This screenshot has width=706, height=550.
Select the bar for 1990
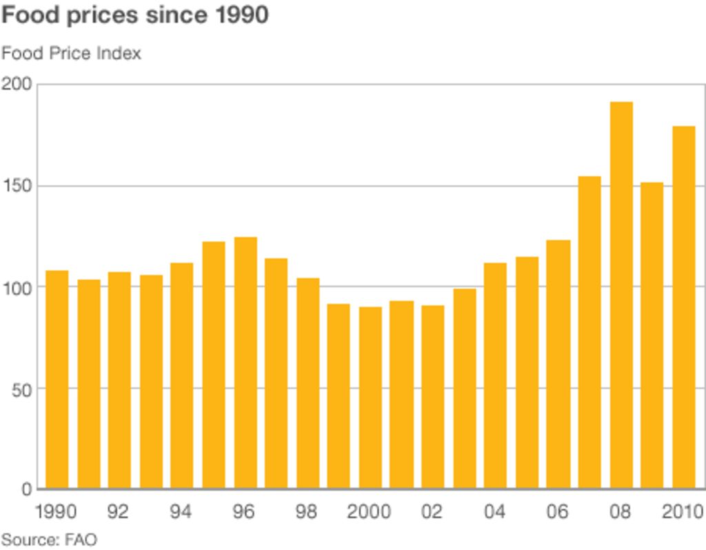point(57,379)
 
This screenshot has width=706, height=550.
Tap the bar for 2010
point(683,307)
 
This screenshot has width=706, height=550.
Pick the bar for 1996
point(245,363)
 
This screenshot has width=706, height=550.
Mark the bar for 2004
point(495,376)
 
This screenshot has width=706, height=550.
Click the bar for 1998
point(307,383)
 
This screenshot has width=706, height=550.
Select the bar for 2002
point(432,397)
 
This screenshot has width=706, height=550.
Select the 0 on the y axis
point(27,490)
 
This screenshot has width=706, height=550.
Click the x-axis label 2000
point(369,513)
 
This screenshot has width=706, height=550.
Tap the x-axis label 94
point(181,513)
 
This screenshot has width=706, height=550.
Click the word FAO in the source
point(81,540)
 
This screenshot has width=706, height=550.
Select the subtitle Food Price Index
point(71,53)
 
